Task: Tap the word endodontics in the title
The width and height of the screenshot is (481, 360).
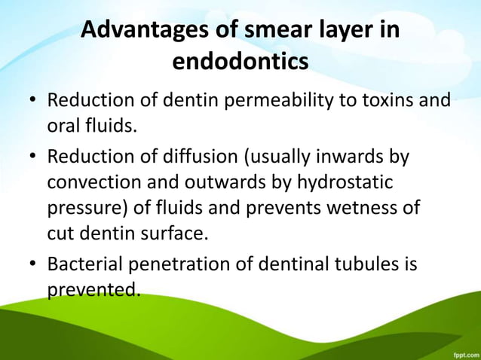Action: pos(240,62)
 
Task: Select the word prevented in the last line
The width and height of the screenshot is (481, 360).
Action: pos(93,289)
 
